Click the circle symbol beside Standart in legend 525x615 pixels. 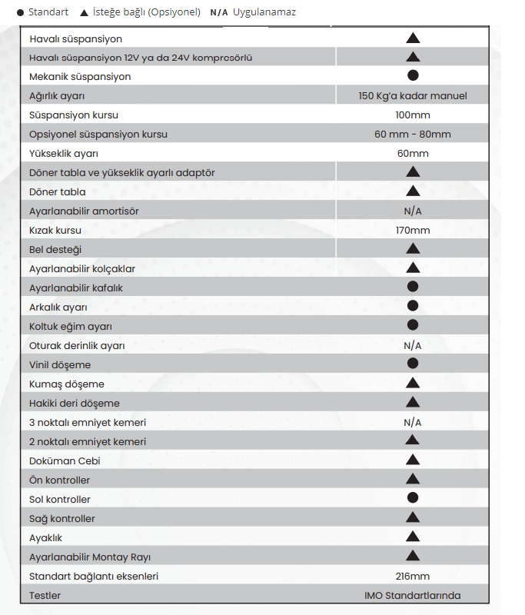pyautogui.click(x=20, y=13)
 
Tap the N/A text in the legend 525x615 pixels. pyautogui.click(x=219, y=13)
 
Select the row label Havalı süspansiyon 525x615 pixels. pyautogui.click(x=75, y=38)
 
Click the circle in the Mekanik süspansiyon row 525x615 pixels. pyautogui.click(x=413, y=75)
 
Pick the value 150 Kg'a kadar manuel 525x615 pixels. pyautogui.click(x=413, y=96)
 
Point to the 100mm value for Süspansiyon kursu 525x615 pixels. pyautogui.click(x=413, y=115)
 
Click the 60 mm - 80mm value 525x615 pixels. pyautogui.click(x=413, y=135)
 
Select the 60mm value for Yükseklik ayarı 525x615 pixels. pyautogui.click(x=413, y=154)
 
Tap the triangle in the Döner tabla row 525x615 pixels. pyautogui.click(x=413, y=191)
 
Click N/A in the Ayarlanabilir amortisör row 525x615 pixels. pyautogui.click(x=413, y=211)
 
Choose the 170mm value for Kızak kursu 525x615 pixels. pyautogui.click(x=413, y=231)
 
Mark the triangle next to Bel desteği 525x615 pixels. pyautogui.click(x=413, y=249)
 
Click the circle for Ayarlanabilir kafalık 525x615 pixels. pyautogui.click(x=413, y=287)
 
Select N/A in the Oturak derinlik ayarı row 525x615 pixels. pyautogui.click(x=413, y=346)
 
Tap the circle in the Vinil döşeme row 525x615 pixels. pyautogui.click(x=413, y=363)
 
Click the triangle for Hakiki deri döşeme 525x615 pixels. pyautogui.click(x=413, y=402)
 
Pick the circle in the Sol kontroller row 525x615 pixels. pyautogui.click(x=413, y=498)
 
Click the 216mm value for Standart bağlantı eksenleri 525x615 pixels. pyautogui.click(x=413, y=577)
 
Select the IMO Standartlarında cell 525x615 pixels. pyautogui.click(x=413, y=596)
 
